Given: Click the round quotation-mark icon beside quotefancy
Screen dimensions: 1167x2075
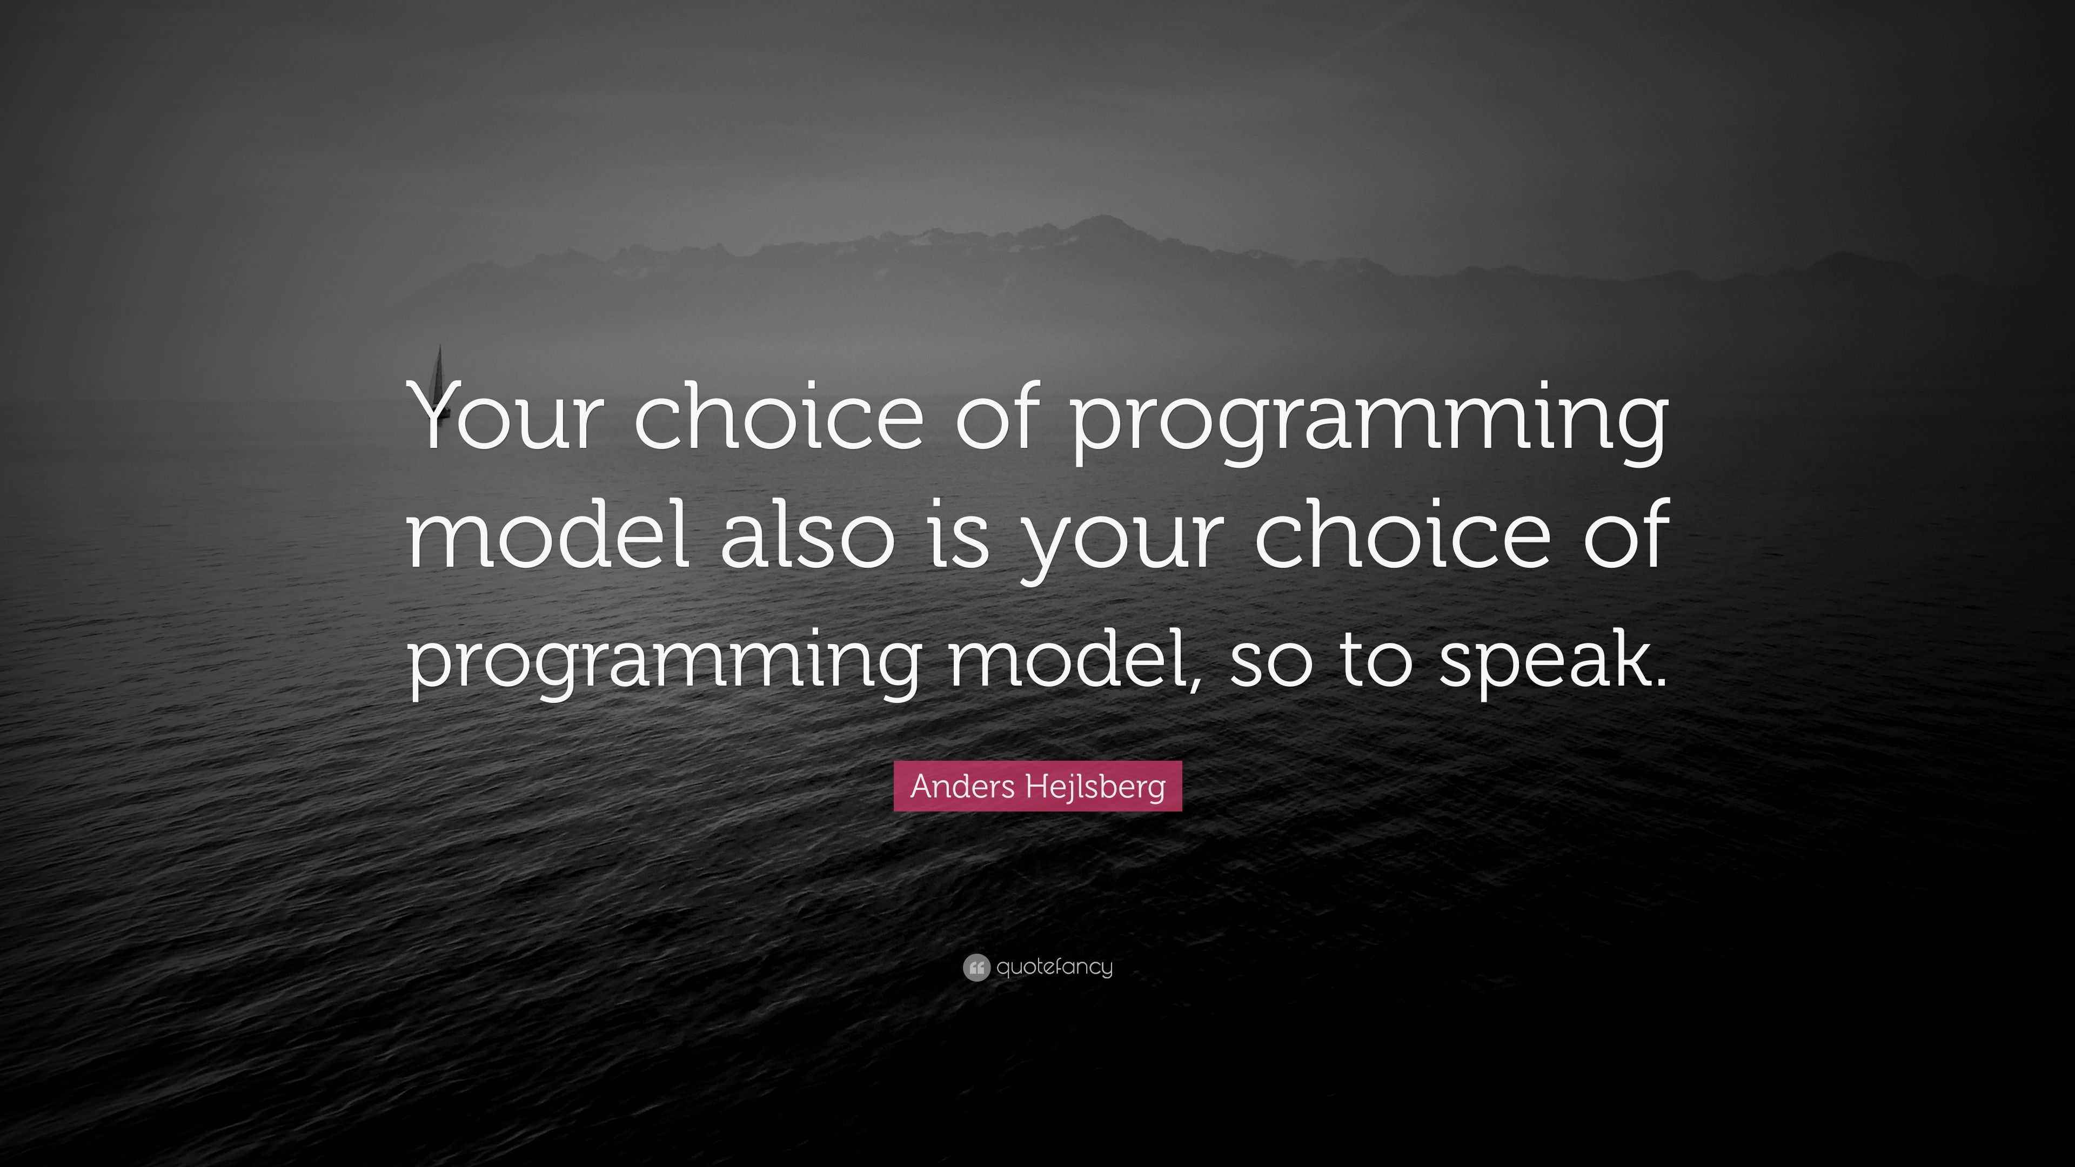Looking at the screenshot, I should click(975, 967).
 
